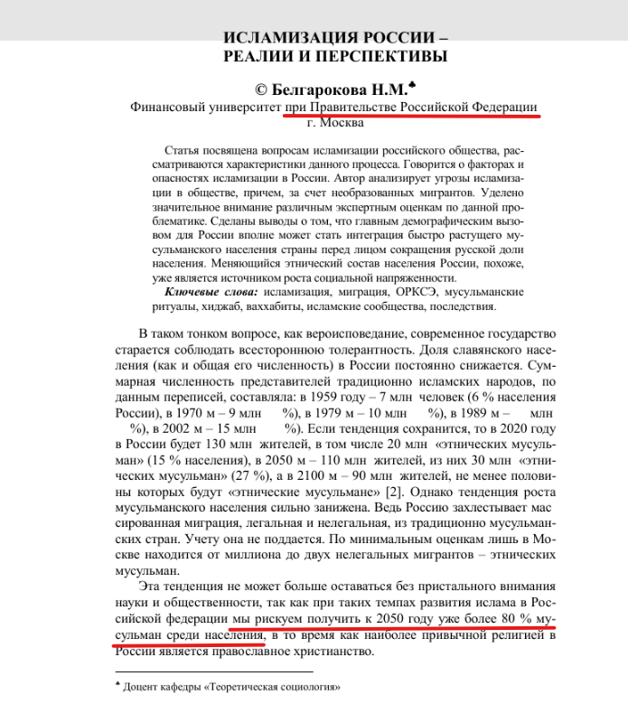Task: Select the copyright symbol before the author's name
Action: (x=262, y=89)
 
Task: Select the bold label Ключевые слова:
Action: (x=211, y=293)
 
